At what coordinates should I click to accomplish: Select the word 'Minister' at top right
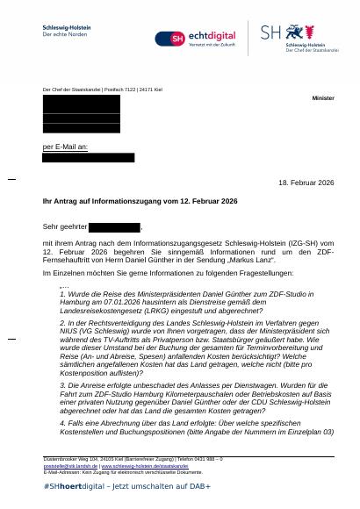322,98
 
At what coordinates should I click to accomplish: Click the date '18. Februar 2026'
306,183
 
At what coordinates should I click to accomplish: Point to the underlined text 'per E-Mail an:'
65,147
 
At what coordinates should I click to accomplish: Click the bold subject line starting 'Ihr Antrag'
140,201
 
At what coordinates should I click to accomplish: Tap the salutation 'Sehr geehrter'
65,226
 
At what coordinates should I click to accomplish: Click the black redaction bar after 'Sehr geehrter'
114,226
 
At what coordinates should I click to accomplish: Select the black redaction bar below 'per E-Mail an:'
89,158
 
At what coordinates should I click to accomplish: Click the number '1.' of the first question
62,294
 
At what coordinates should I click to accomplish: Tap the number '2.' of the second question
62,323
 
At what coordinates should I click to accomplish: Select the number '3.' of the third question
62,384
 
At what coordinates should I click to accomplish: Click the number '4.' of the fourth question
62,423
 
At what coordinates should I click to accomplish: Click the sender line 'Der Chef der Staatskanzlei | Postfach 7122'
102,90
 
